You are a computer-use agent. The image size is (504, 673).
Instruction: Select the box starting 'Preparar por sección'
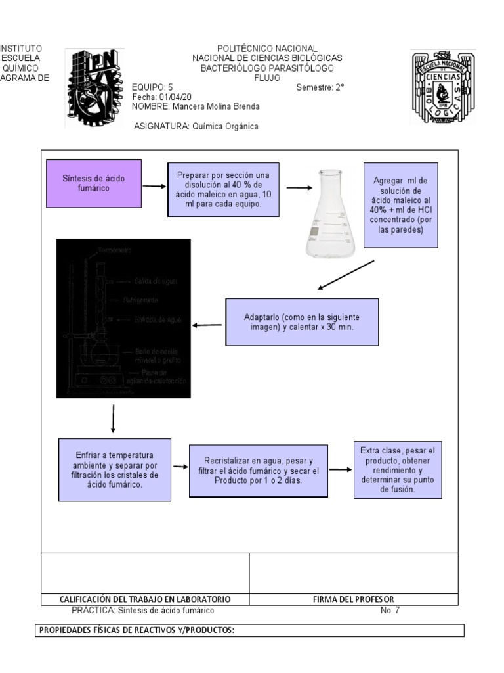tap(223, 189)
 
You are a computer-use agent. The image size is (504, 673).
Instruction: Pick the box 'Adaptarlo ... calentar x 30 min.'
tap(302, 322)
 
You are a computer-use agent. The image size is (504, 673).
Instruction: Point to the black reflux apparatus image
tap(123, 318)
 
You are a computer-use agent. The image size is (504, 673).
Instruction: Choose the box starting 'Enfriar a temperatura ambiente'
tap(115, 470)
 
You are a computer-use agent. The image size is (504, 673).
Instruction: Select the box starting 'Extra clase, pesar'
tap(398, 470)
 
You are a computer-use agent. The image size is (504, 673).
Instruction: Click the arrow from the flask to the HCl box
tap(299, 188)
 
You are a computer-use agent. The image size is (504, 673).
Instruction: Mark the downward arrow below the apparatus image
tap(114, 419)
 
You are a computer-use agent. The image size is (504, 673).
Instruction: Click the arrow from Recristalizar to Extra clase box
tap(340, 470)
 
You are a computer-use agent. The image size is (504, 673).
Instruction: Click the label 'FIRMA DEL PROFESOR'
tap(354, 599)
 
